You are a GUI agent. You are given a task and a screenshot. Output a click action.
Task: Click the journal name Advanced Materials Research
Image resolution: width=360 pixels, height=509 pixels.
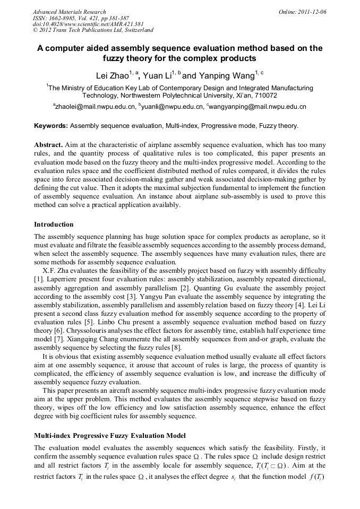click(x=70, y=12)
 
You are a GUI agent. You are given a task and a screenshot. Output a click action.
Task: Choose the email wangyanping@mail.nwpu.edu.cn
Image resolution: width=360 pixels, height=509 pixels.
click(x=257, y=107)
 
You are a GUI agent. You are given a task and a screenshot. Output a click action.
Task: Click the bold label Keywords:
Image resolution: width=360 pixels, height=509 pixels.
click(x=50, y=126)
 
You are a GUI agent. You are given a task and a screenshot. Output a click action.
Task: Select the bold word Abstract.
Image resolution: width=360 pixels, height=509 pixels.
click(x=48, y=144)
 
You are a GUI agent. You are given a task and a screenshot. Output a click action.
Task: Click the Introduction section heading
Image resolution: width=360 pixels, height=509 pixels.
click(x=54, y=225)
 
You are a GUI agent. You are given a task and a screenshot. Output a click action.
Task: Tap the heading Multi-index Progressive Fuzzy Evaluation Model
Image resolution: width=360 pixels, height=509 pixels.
click(x=109, y=435)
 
